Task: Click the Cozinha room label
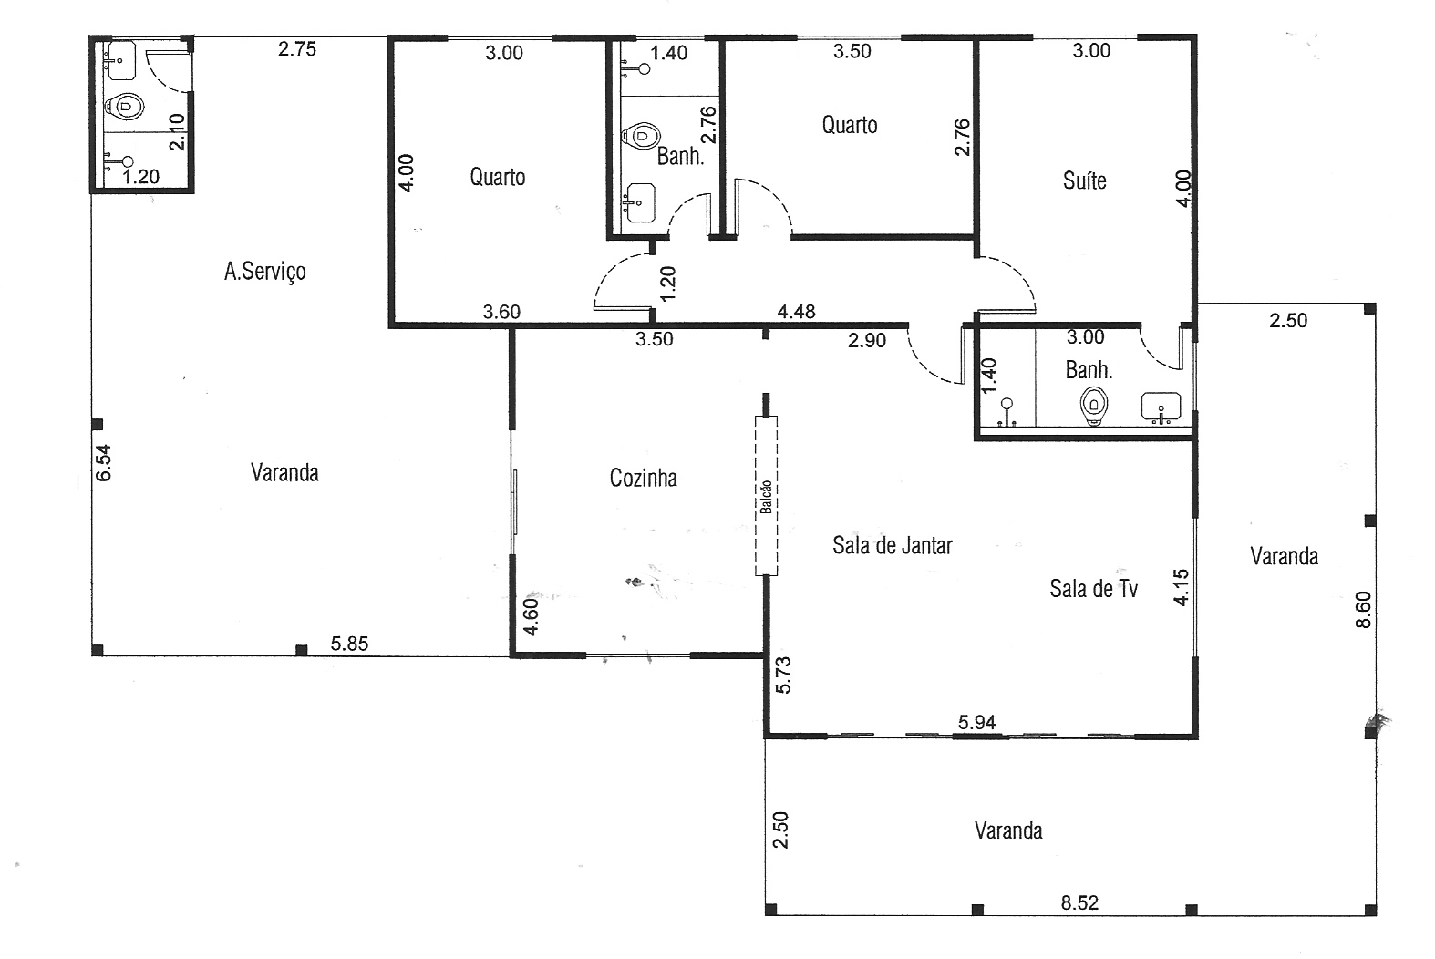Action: pos(643,478)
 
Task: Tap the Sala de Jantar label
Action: pos(893,546)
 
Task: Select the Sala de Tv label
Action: pos(1093,589)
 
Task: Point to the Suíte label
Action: pos(1085,180)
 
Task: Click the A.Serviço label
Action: pos(264,272)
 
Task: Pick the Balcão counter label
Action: pos(766,497)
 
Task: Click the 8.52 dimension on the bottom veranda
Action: pos(1079,903)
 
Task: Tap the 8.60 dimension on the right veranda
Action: pos(1364,609)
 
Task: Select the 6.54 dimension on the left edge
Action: pos(103,462)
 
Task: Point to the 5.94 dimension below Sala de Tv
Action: pos(977,723)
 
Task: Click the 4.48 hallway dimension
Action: pos(796,312)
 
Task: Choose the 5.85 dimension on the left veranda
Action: pos(349,644)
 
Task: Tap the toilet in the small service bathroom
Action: pos(125,107)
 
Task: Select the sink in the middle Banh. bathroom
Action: pos(640,202)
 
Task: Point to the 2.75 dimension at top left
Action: pos(297,49)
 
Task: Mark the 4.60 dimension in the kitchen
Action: pos(532,617)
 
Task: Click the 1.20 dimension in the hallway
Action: pos(667,284)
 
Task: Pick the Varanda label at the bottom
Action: pos(1008,830)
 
